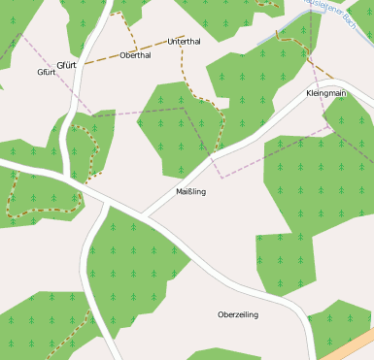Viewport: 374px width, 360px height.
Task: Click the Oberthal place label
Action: click(x=135, y=55)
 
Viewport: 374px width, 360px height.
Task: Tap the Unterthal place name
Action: click(x=184, y=42)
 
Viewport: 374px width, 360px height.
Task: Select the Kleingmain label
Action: click(x=325, y=93)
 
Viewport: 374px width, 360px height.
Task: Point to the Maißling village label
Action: click(x=190, y=191)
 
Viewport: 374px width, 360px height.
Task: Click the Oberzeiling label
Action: click(x=238, y=314)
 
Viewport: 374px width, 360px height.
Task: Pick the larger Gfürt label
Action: click(x=66, y=65)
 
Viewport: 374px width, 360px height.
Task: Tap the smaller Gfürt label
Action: click(x=46, y=73)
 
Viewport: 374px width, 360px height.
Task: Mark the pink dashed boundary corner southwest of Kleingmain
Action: click(x=222, y=178)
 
